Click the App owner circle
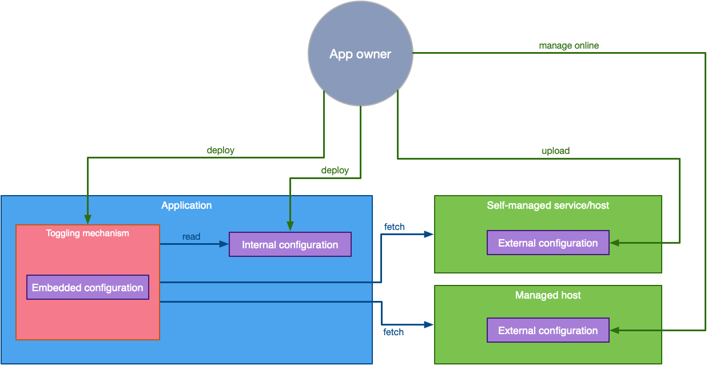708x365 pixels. (x=360, y=54)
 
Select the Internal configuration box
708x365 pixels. (x=290, y=244)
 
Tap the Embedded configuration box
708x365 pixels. (x=87, y=287)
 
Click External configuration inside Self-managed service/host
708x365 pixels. (x=548, y=243)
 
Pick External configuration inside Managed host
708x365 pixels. (x=548, y=330)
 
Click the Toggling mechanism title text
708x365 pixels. (x=87, y=233)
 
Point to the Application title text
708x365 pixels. (x=186, y=205)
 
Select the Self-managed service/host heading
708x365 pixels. (x=548, y=205)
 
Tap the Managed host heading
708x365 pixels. (x=548, y=295)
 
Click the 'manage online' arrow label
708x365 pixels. (x=568, y=45)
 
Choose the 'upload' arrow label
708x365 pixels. (x=555, y=151)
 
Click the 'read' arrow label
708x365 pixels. (x=191, y=236)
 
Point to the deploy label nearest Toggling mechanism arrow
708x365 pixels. (x=220, y=150)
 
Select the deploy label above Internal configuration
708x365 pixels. (x=335, y=170)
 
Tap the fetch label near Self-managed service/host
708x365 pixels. (x=394, y=227)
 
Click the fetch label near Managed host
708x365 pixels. (x=393, y=332)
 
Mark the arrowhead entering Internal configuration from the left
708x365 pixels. (x=225, y=244)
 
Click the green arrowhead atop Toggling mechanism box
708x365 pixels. (x=87, y=220)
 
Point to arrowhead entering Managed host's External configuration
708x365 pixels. (x=614, y=330)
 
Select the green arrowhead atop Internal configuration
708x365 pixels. (x=291, y=227)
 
